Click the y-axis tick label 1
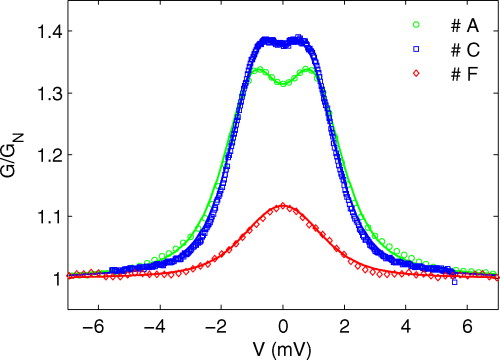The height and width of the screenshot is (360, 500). coord(56,278)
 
